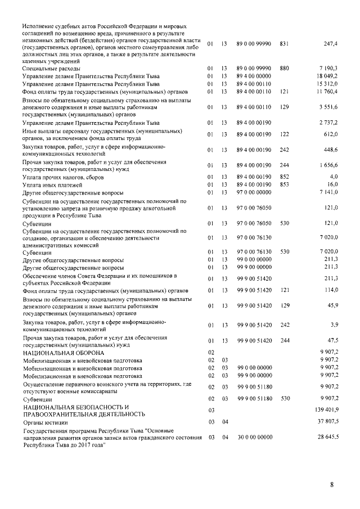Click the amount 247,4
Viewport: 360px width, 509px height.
click(x=330, y=43)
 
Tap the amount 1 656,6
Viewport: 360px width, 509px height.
click(x=327, y=166)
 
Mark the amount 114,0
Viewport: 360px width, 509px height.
click(x=330, y=290)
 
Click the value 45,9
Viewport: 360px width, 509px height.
click(x=331, y=306)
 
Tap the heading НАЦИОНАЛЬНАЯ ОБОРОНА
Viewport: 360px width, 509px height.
click(x=64, y=352)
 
